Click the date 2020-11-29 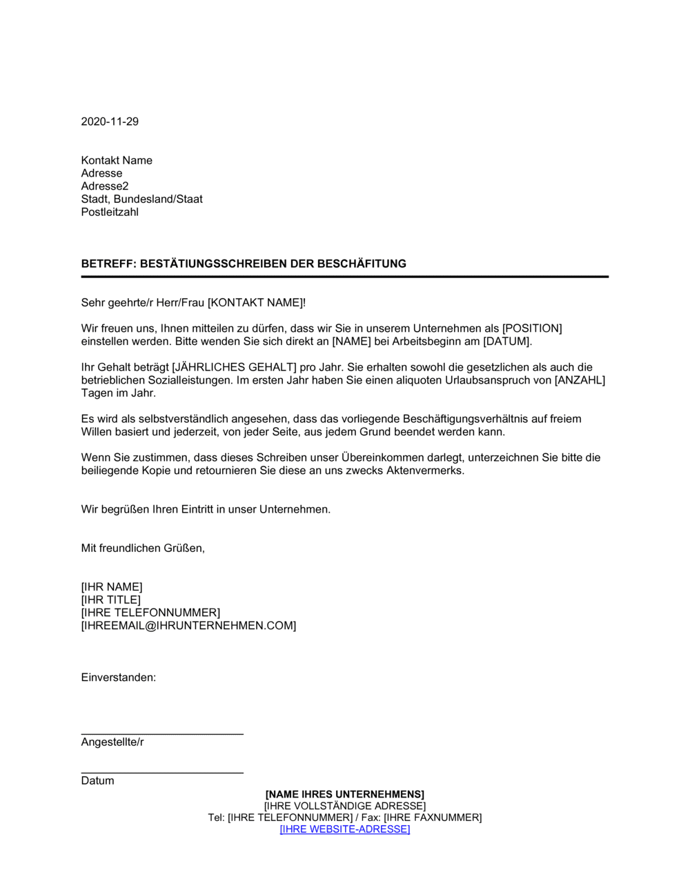coord(110,121)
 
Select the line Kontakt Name coord(117,161)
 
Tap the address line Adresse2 coord(105,186)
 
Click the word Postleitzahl coord(110,212)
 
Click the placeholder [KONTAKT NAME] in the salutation coord(255,303)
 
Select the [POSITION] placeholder coord(532,328)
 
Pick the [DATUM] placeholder coord(507,342)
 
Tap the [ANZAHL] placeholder coord(580,380)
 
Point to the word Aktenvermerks coord(428,471)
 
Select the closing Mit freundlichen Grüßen coord(143,548)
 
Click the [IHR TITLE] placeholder coord(110,600)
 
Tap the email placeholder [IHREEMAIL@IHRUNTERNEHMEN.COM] coord(188,626)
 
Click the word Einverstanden coord(118,678)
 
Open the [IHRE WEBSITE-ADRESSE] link coord(345,829)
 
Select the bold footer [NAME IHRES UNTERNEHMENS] coord(345,795)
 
